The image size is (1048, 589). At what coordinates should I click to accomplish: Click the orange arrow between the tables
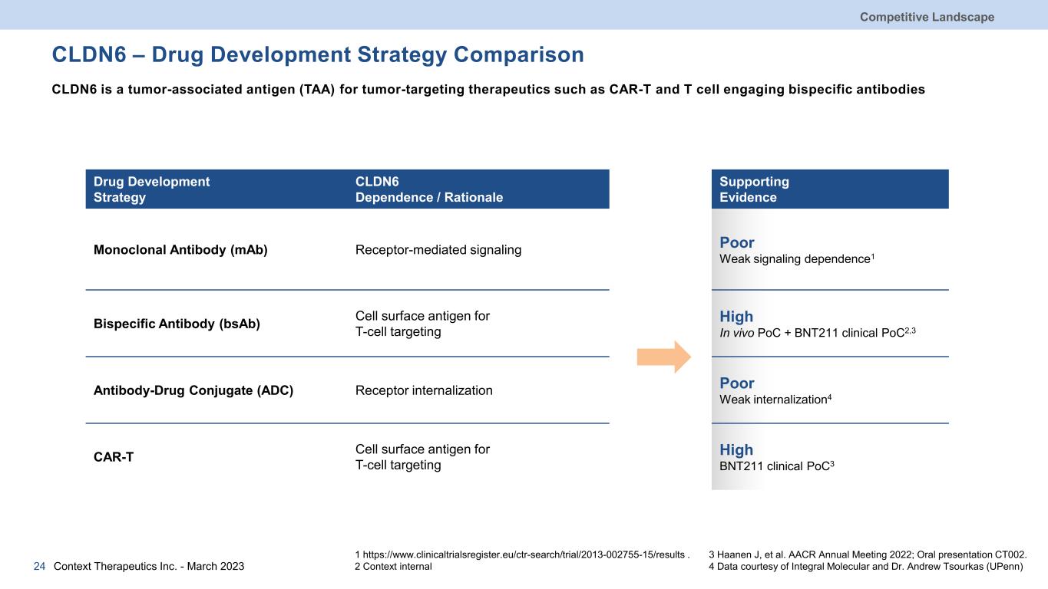pyautogui.click(x=664, y=357)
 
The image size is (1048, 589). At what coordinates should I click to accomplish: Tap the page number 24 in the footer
pyautogui.click(x=39, y=566)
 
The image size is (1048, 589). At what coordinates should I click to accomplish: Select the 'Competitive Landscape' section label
pyautogui.click(x=927, y=17)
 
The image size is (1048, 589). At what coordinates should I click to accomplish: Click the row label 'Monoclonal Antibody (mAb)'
pyautogui.click(x=180, y=249)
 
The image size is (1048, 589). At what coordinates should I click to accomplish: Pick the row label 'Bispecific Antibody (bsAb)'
pyautogui.click(x=177, y=324)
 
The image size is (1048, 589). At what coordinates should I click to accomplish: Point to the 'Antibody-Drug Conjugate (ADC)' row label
pyautogui.click(x=193, y=390)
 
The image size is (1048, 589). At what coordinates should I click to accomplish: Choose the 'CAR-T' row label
pyautogui.click(x=114, y=457)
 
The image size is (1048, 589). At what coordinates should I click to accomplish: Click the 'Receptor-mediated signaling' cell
pyautogui.click(x=438, y=249)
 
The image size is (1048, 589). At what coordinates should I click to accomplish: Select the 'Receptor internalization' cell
pyautogui.click(x=424, y=390)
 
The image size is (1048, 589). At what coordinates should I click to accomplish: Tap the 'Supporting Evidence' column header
pyautogui.click(x=754, y=189)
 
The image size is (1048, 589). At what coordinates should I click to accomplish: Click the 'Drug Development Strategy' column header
pyautogui.click(x=151, y=189)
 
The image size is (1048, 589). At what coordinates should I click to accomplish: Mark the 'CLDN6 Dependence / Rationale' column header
pyautogui.click(x=429, y=189)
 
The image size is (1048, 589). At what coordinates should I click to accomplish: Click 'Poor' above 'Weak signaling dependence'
pyautogui.click(x=737, y=242)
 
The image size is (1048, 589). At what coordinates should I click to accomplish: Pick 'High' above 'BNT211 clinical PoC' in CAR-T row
pyautogui.click(x=736, y=449)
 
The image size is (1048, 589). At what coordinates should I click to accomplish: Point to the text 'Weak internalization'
pyautogui.click(x=773, y=400)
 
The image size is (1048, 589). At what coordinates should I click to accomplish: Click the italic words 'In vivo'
pyautogui.click(x=737, y=333)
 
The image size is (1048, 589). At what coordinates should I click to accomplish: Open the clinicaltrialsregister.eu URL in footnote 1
pyautogui.click(x=524, y=555)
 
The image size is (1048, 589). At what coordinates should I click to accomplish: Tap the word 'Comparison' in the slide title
pyautogui.click(x=519, y=55)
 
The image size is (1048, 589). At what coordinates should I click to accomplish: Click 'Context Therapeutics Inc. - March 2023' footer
pyautogui.click(x=149, y=566)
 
